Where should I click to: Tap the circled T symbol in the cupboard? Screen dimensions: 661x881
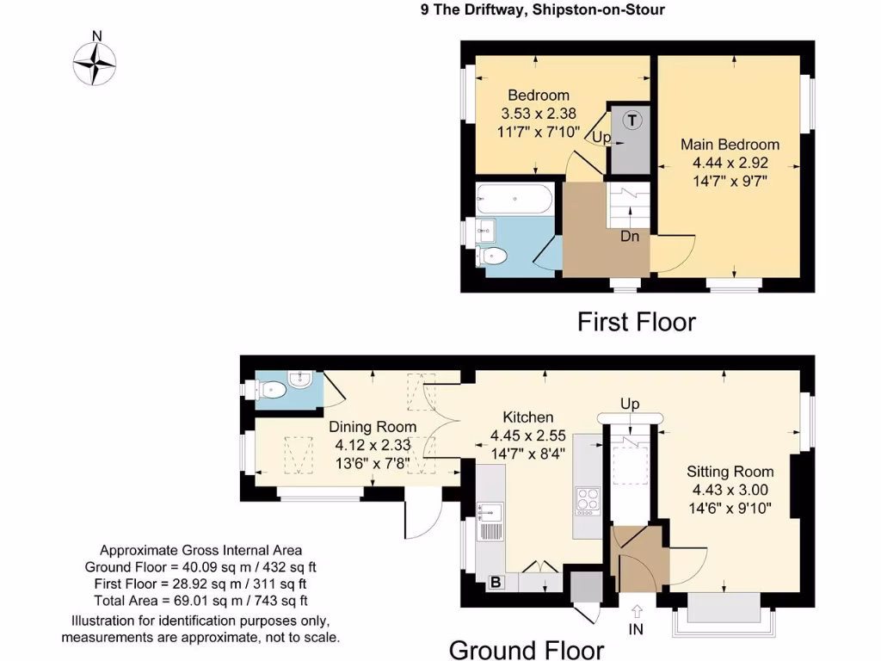[632, 120]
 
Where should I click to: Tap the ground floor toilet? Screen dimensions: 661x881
[268, 391]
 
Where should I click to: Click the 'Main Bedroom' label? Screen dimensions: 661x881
[730, 145]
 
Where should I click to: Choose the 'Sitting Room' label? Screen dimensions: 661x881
[730, 472]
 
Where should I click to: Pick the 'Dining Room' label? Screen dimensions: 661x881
[373, 427]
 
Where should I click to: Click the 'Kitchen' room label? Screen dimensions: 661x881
[528, 417]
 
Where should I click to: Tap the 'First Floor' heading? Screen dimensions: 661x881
[635, 322]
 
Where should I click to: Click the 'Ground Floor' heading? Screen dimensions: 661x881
[527, 649]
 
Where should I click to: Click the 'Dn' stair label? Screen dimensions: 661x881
[630, 237]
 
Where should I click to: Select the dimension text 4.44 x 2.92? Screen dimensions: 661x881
[730, 163]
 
